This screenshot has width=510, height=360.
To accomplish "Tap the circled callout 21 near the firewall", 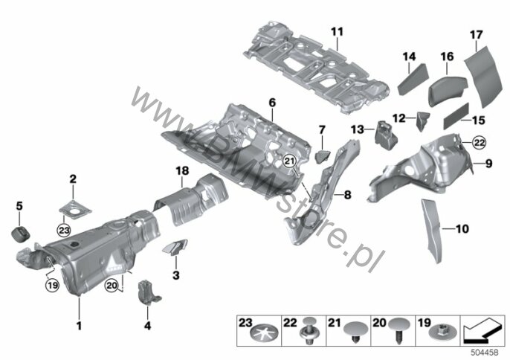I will tap(290, 163).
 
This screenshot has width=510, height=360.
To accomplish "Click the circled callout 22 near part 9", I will tap(459, 142).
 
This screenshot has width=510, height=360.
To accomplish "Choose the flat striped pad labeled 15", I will tap(454, 114).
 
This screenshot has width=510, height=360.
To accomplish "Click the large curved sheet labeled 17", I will tap(485, 75).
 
